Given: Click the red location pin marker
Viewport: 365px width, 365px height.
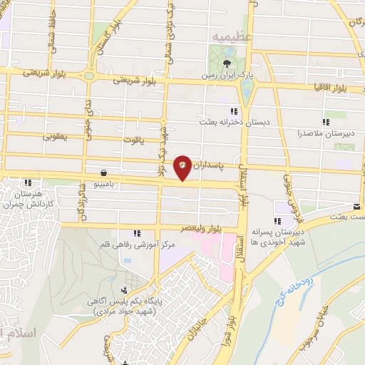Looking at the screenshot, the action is pyautogui.click(x=182, y=167).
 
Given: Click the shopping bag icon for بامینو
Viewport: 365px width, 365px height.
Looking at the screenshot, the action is pyautogui.click(x=105, y=173).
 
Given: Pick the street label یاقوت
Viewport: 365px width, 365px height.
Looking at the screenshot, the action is pyautogui.click(x=152, y=140).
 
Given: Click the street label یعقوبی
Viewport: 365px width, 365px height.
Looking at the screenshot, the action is pyautogui.click(x=55, y=135).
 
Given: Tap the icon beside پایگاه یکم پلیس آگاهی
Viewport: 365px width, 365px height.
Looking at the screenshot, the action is pyautogui.click(x=125, y=290).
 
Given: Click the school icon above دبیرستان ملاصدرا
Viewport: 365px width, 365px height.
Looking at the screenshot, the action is pyautogui.click(x=327, y=122).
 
